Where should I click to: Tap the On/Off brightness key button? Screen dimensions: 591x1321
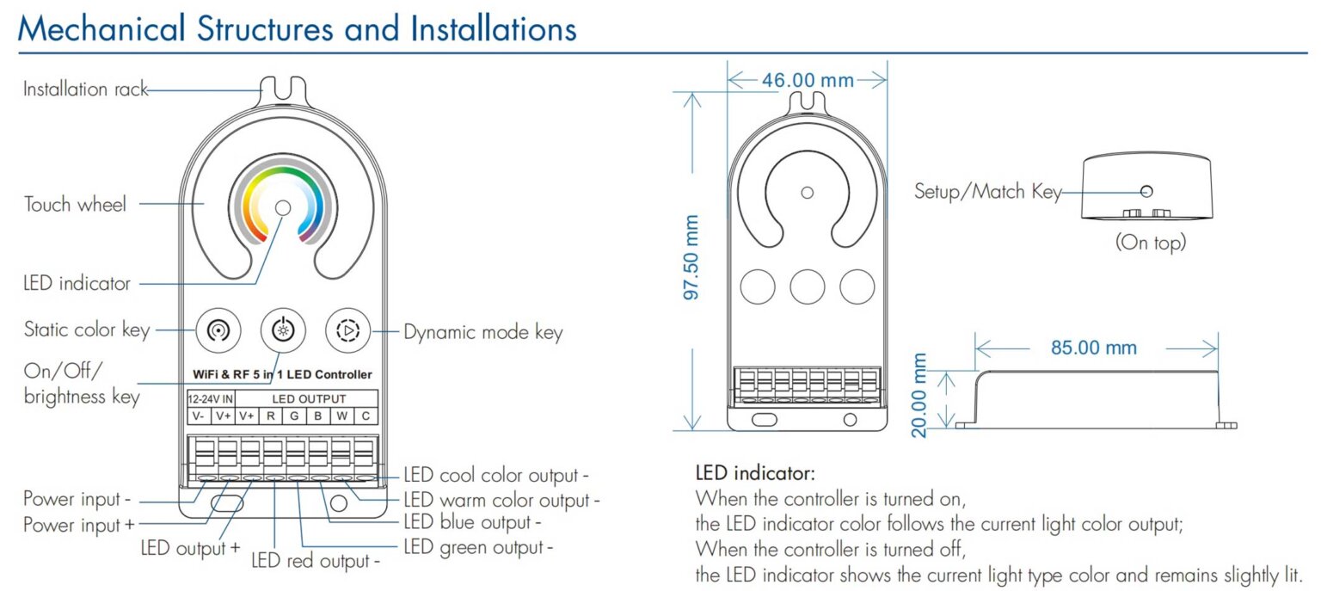(x=282, y=329)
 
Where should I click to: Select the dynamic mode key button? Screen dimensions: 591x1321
(x=347, y=329)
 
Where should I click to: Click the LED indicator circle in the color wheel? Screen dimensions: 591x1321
(x=282, y=207)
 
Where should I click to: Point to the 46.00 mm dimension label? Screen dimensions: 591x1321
(x=808, y=80)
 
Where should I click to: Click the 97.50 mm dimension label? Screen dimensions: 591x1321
(x=691, y=258)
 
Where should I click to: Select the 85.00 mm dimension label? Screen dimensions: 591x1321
(x=1093, y=348)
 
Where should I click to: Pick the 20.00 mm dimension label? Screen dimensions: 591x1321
(x=920, y=395)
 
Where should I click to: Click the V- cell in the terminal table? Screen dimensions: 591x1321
(x=199, y=416)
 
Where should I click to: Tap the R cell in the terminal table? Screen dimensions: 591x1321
(x=270, y=416)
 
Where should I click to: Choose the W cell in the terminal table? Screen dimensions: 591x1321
(x=341, y=416)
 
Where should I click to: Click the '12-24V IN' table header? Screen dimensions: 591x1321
(x=211, y=399)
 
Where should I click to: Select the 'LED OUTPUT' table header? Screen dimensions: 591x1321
(x=309, y=399)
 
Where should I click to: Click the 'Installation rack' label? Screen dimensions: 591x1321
(x=85, y=89)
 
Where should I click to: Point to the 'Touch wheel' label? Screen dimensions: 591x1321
(x=75, y=205)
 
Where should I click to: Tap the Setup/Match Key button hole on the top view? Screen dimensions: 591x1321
(x=1146, y=192)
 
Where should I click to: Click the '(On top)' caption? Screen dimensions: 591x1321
(x=1150, y=243)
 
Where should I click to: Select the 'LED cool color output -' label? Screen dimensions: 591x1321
(x=496, y=476)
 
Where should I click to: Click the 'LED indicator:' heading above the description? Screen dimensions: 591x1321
(x=754, y=473)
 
